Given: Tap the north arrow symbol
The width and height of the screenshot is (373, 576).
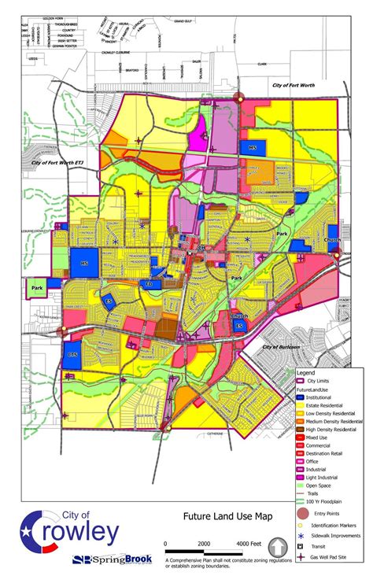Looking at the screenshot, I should (278, 545).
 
